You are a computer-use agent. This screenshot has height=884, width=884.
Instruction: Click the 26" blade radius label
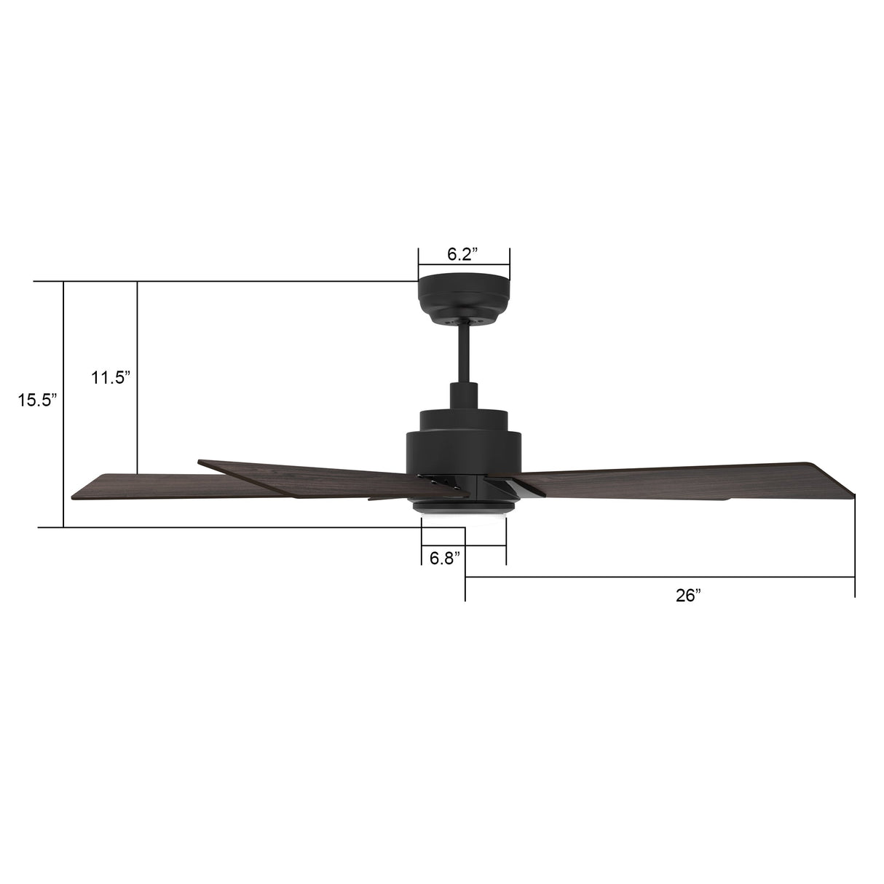click(687, 596)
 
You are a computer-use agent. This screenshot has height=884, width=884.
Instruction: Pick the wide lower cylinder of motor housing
click(463, 451)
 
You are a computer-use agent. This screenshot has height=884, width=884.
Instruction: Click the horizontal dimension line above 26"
click(659, 577)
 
